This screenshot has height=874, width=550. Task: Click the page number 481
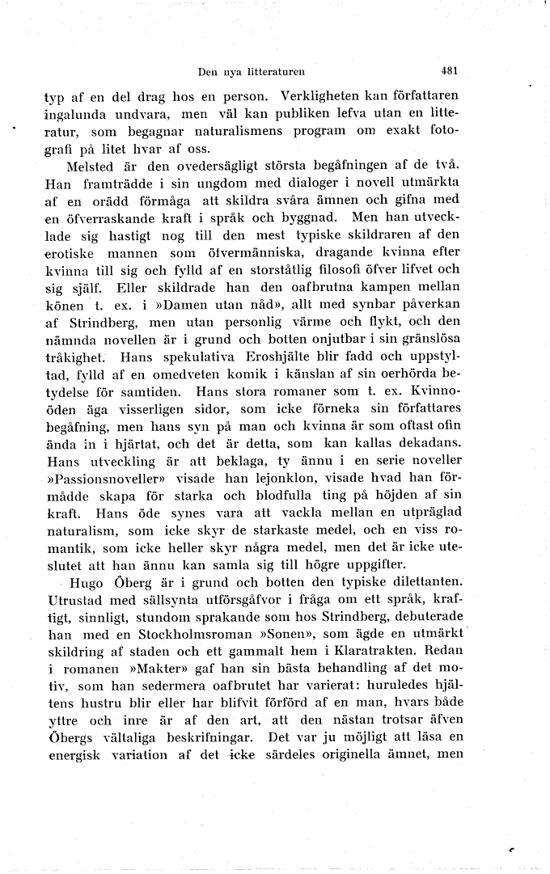click(451, 70)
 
